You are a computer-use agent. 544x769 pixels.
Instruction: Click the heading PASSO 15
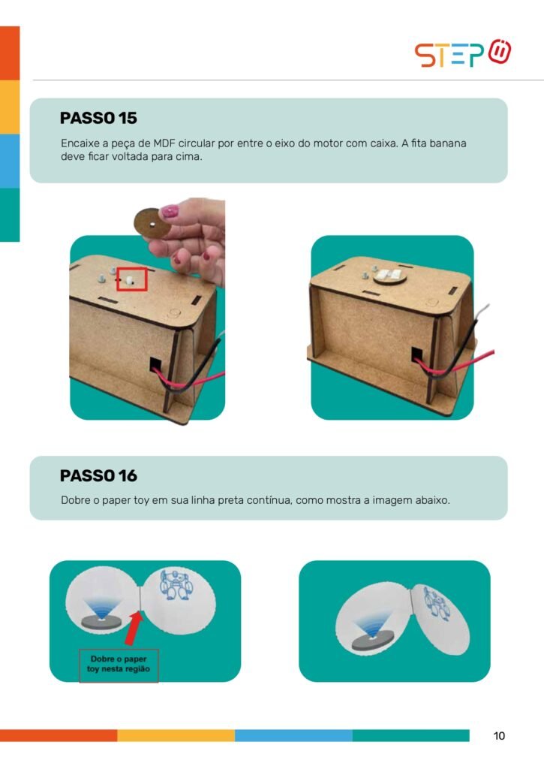point(98,118)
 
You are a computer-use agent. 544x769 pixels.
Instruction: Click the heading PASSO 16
point(98,475)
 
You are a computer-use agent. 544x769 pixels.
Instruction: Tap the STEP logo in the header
point(463,53)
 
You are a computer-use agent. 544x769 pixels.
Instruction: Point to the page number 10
point(499,736)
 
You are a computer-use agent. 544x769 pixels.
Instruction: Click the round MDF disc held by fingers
point(152,223)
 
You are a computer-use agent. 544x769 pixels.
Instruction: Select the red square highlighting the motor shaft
point(132,279)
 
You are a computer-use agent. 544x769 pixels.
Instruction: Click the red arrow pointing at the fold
point(133,629)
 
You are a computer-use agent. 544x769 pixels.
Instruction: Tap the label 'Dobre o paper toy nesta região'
point(119,664)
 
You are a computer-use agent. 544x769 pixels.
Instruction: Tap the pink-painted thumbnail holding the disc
point(170,211)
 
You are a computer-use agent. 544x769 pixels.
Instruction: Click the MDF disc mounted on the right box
point(390,276)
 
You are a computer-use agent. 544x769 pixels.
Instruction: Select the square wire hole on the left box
point(155,364)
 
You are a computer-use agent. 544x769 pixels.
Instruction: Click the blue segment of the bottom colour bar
point(293,735)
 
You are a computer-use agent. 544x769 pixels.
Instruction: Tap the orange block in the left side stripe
point(10,53)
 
